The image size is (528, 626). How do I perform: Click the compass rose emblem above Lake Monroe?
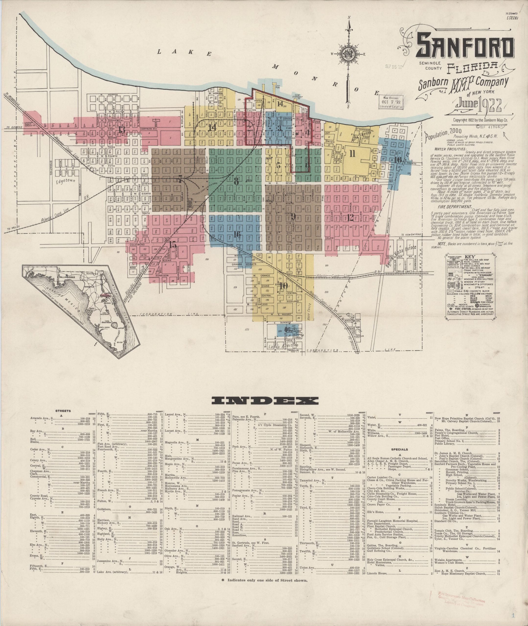tap(348, 55)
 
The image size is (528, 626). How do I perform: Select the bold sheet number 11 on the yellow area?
tap(352, 154)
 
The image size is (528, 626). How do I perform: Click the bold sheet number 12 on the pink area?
tap(351, 218)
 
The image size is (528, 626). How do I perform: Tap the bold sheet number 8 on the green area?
tap(236, 181)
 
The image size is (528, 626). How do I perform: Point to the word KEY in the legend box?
tap(469, 257)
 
